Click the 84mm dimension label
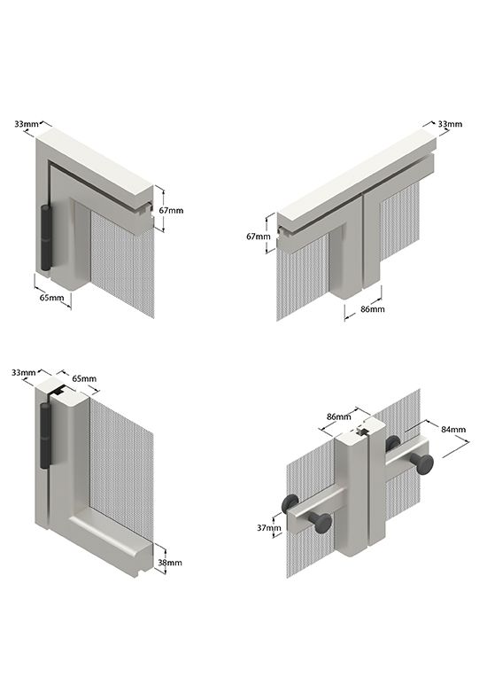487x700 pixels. [453, 430]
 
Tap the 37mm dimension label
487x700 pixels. [269, 528]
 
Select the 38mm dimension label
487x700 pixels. [170, 563]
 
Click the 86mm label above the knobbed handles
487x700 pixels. [339, 417]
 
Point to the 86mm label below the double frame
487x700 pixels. [373, 309]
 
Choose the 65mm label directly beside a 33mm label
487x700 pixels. [84, 378]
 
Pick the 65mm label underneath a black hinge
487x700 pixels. [51, 298]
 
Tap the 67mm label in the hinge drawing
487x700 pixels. [171, 210]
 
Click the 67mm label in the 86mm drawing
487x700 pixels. [259, 237]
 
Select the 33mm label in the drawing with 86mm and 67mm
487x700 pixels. [450, 124]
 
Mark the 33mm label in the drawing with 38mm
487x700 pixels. [24, 372]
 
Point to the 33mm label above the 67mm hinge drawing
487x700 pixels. [27, 124]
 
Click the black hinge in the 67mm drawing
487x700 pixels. [46, 238]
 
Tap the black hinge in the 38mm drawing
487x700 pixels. [45, 435]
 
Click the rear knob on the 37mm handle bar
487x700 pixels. [290, 504]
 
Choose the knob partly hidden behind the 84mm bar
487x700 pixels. [393, 443]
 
